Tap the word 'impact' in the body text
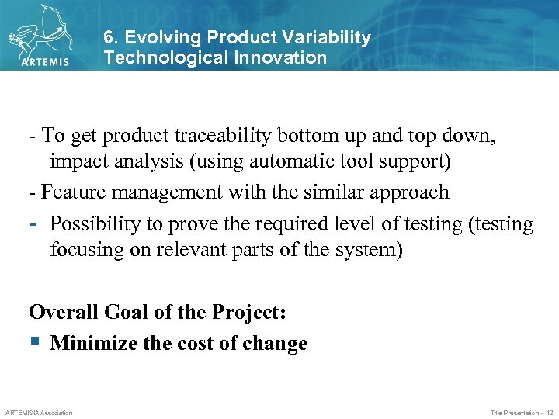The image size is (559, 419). tap(77, 162)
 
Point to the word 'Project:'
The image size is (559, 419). tap(248, 313)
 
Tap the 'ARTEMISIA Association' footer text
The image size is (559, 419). tap(39, 413)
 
